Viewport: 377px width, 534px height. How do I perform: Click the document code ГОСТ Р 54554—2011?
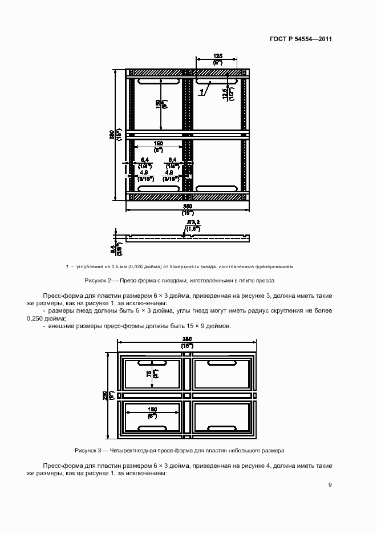pos(301,39)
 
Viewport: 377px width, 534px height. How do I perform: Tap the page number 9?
pos(330,485)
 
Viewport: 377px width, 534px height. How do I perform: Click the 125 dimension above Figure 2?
pos(217,56)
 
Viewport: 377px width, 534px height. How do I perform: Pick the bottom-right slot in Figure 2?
pos(217,188)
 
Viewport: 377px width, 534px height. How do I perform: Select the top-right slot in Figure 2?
pos(217,83)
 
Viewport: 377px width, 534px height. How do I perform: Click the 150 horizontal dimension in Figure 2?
pos(159,143)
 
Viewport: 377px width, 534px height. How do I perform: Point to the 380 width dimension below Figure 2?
pos(188,206)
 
